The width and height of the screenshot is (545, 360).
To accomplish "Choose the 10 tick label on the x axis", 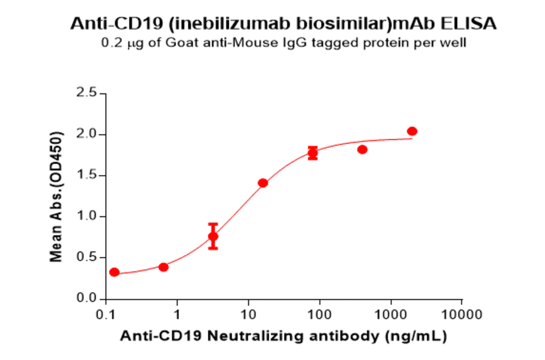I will coord(248,315).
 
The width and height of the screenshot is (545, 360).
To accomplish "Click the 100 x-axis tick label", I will coord(319,315).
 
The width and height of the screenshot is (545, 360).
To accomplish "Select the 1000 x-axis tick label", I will coord(391,315).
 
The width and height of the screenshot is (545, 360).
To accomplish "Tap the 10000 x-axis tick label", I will coord(461,315).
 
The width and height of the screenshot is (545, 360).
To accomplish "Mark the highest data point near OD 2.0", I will coord(412,132).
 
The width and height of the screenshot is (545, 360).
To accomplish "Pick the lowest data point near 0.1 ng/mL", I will coord(114,272).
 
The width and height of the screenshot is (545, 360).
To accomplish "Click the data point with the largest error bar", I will coord(213,236).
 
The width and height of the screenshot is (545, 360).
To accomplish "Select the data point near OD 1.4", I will coord(263,183).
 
